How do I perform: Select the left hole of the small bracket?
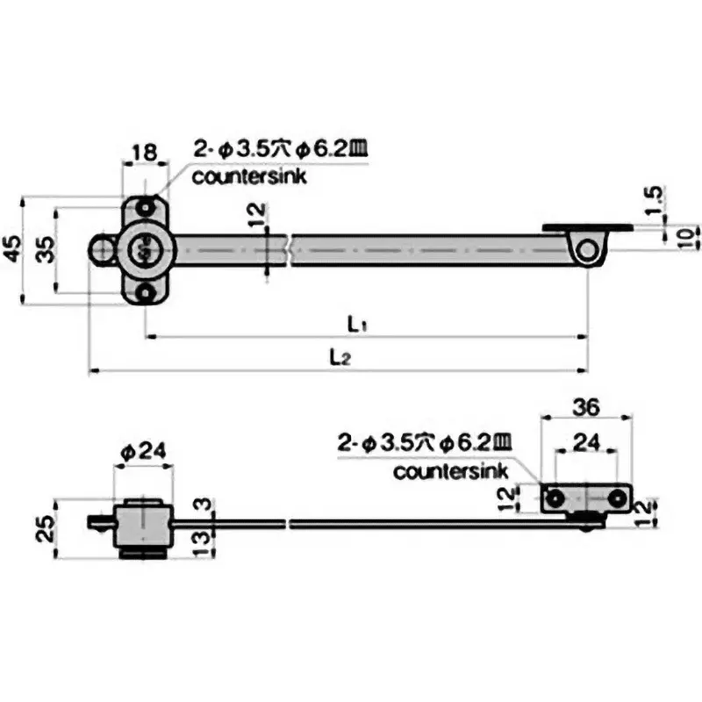click(555, 498)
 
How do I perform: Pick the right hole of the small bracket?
click(618, 498)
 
